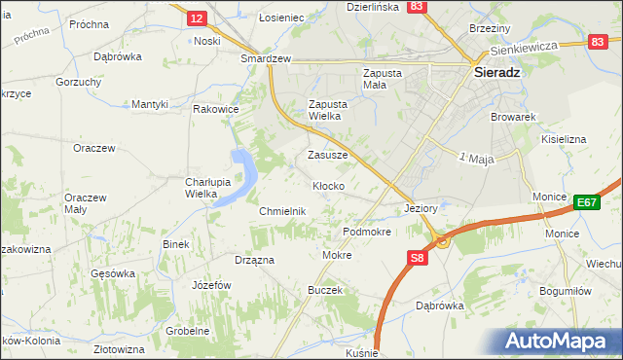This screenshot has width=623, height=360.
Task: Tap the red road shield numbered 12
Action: click(x=198, y=18)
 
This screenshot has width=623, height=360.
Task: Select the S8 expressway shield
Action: click(x=417, y=257)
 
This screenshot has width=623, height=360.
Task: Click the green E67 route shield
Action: click(x=585, y=202)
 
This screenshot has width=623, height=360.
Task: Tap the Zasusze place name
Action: click(x=328, y=155)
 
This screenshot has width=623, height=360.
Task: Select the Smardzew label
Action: click(x=267, y=58)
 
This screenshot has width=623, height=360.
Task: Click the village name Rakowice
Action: click(x=216, y=109)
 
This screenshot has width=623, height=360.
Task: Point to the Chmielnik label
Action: click(x=283, y=211)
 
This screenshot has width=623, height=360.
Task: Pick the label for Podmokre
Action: click(x=367, y=233)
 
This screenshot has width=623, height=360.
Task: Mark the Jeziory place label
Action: click(x=424, y=208)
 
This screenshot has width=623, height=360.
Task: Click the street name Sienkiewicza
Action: click(x=523, y=47)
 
